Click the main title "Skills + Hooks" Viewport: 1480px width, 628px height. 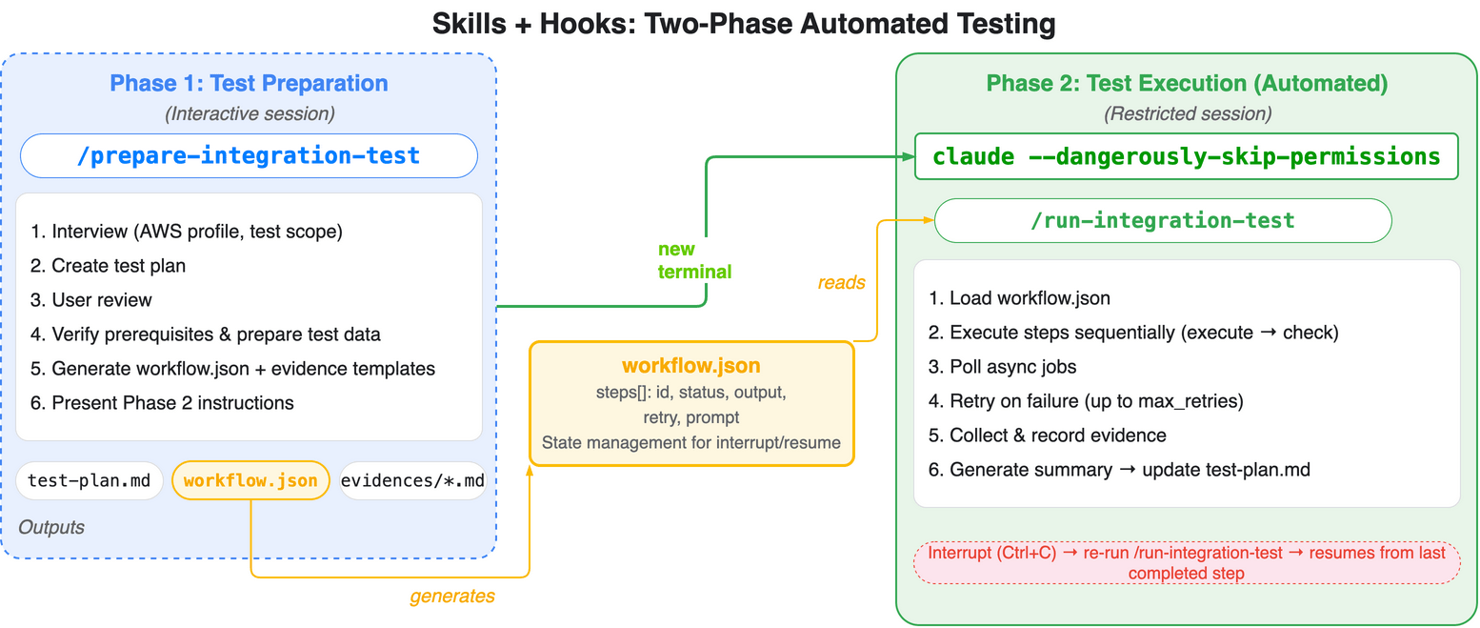click(x=743, y=23)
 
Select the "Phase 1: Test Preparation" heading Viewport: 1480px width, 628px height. click(x=249, y=83)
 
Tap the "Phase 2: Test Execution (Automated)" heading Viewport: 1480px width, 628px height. click(x=1187, y=83)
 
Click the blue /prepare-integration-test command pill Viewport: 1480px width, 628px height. click(x=249, y=155)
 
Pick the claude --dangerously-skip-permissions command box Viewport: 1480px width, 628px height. click(x=1186, y=156)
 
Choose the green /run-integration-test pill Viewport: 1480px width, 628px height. click(x=1163, y=221)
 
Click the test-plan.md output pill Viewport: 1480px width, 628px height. click(x=90, y=480)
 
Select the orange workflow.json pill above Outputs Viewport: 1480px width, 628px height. click(x=250, y=480)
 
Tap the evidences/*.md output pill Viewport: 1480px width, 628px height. click(x=413, y=480)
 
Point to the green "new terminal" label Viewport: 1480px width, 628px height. click(x=694, y=260)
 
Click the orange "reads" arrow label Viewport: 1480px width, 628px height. click(x=841, y=282)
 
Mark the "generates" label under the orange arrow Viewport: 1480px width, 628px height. click(x=452, y=597)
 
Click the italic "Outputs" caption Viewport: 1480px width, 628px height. click(x=51, y=527)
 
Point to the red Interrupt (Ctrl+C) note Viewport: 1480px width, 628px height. click(x=1186, y=563)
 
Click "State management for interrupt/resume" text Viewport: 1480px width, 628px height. click(x=690, y=442)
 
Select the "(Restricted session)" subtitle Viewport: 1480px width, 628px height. click(x=1187, y=114)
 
